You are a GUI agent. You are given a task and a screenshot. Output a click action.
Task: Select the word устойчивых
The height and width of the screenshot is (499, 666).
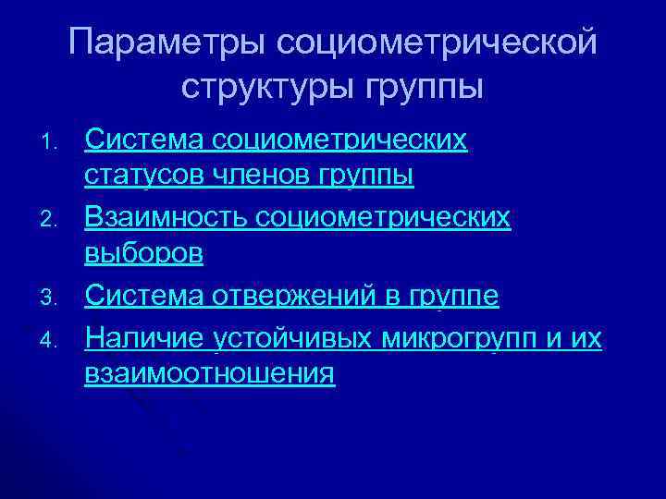(x=294, y=339)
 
